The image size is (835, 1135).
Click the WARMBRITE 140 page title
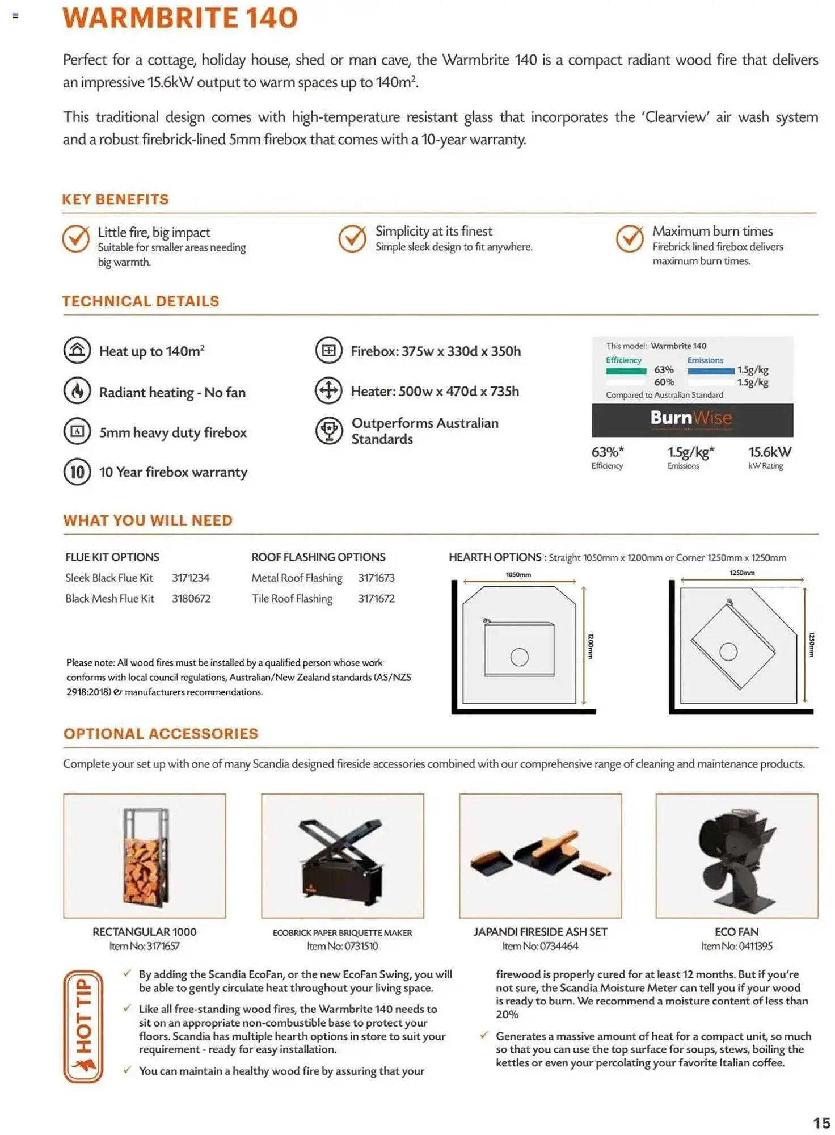tap(180, 18)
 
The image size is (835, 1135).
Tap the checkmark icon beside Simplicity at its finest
tap(352, 239)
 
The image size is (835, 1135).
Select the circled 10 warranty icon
tap(77, 472)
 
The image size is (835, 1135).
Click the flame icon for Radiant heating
tap(77, 391)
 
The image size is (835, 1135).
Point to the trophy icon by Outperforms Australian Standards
tap(329, 431)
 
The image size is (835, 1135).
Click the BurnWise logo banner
tap(692, 419)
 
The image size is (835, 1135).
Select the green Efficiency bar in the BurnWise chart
tap(626, 371)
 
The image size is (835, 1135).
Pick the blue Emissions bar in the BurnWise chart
tap(710, 371)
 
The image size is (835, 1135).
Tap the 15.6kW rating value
tap(769, 452)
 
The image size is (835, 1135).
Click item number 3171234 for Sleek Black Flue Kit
tap(191, 578)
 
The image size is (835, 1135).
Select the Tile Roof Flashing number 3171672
tap(376, 599)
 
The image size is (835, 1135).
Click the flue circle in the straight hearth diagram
tap(519, 657)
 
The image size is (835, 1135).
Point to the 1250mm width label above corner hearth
tap(742, 573)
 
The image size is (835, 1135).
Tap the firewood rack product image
tap(145, 855)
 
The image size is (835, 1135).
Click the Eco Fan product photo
tap(736, 855)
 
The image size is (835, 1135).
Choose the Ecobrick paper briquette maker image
tap(342, 855)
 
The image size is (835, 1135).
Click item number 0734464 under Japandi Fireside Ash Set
tap(540, 946)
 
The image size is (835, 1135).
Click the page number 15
tap(821, 1123)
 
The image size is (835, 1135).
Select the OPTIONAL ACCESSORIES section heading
tap(161, 734)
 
